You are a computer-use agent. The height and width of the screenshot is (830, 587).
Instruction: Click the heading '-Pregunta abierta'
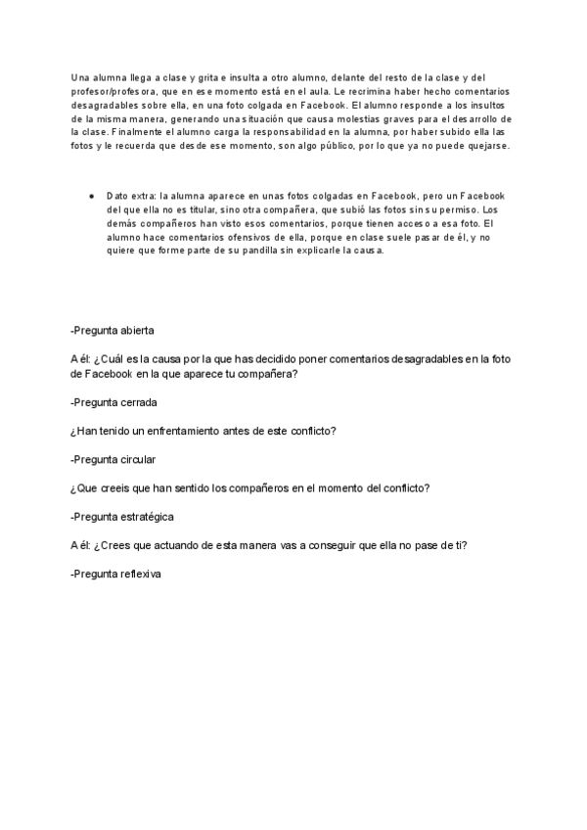click(112, 330)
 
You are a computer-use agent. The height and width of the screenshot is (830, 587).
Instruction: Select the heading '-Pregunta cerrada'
click(113, 402)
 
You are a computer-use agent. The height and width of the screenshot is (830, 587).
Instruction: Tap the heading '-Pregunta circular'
click(113, 459)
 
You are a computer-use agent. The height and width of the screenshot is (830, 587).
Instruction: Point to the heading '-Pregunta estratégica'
click(122, 516)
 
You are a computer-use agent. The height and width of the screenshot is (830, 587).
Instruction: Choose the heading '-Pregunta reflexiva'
click(115, 574)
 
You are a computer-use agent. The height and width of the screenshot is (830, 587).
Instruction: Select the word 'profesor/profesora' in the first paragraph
click(113, 89)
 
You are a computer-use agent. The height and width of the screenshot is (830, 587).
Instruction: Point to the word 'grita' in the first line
click(202, 76)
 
